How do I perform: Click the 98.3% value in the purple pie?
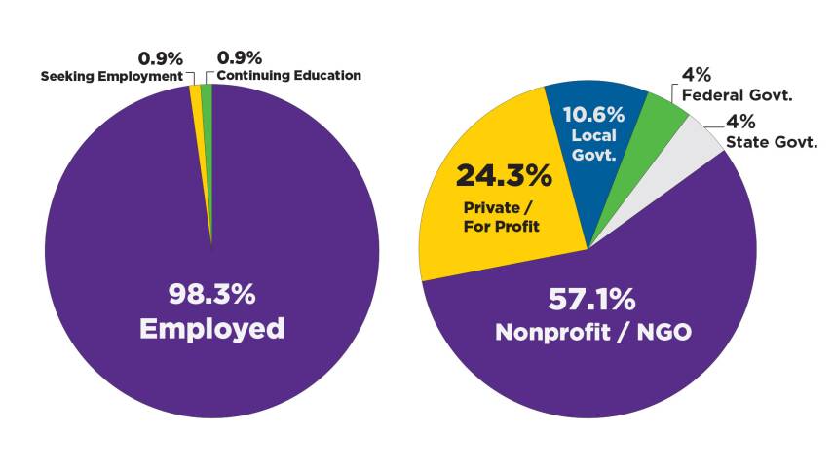[x=211, y=293]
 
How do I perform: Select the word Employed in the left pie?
[x=211, y=328]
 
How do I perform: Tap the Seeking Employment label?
[x=112, y=76]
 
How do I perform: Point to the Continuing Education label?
[x=288, y=76]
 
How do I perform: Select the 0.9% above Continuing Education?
[x=238, y=58]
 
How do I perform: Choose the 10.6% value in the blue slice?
[x=593, y=114]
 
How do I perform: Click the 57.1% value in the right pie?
[x=593, y=297]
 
